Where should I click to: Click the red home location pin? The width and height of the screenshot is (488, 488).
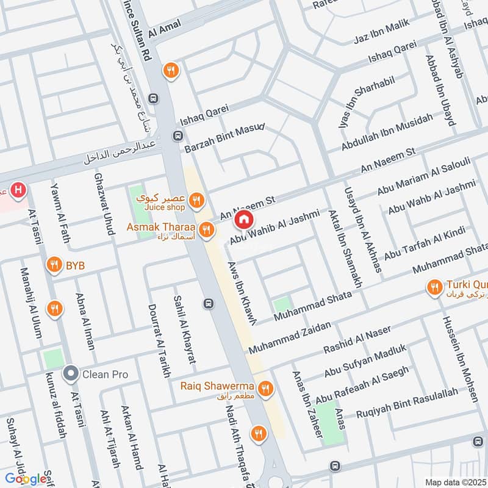[x=244, y=219]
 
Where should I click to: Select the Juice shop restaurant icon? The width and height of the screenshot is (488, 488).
[x=196, y=199]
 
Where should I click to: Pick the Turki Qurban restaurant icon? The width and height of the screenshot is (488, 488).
[x=434, y=287]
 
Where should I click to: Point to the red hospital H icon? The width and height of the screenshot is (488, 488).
[x=19, y=190]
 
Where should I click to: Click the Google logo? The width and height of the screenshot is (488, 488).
[x=26, y=478]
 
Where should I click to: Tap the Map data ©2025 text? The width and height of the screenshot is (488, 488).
[x=454, y=483]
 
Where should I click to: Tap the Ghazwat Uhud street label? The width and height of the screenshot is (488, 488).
[x=103, y=204]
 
